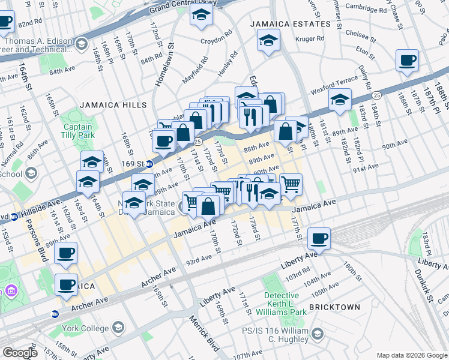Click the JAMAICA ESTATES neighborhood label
point(291,24)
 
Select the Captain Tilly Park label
point(78,131)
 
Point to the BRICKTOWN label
point(334,307)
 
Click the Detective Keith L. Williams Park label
point(282,304)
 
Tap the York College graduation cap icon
point(118,328)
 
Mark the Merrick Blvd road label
point(205,333)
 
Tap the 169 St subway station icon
point(149,163)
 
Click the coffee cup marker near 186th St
point(408,61)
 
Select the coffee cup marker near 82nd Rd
point(5,23)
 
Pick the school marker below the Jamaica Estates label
point(268,40)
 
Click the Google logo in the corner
point(20,353)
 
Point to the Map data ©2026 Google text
point(412,355)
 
